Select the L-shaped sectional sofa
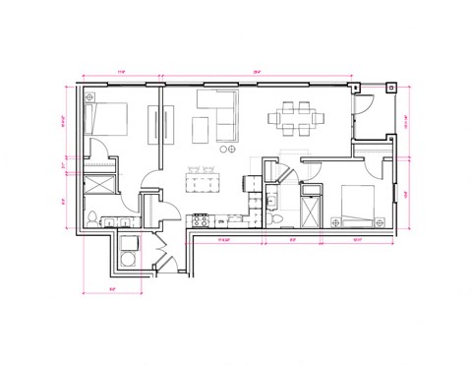[x=218, y=111]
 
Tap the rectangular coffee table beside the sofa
[x=200, y=129]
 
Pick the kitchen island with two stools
[x=204, y=180]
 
